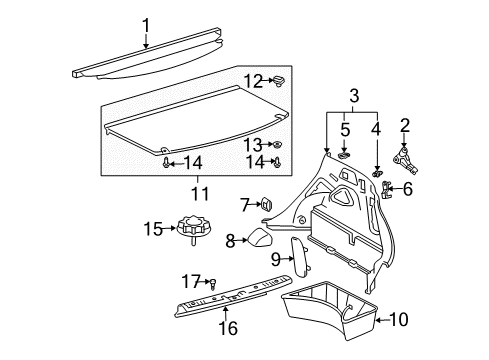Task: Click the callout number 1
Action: click(145, 25)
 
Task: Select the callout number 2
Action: click(404, 124)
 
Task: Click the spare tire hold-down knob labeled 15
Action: click(190, 231)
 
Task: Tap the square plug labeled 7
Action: click(268, 204)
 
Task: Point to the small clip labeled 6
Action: click(389, 190)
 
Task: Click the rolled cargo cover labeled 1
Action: click(150, 67)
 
